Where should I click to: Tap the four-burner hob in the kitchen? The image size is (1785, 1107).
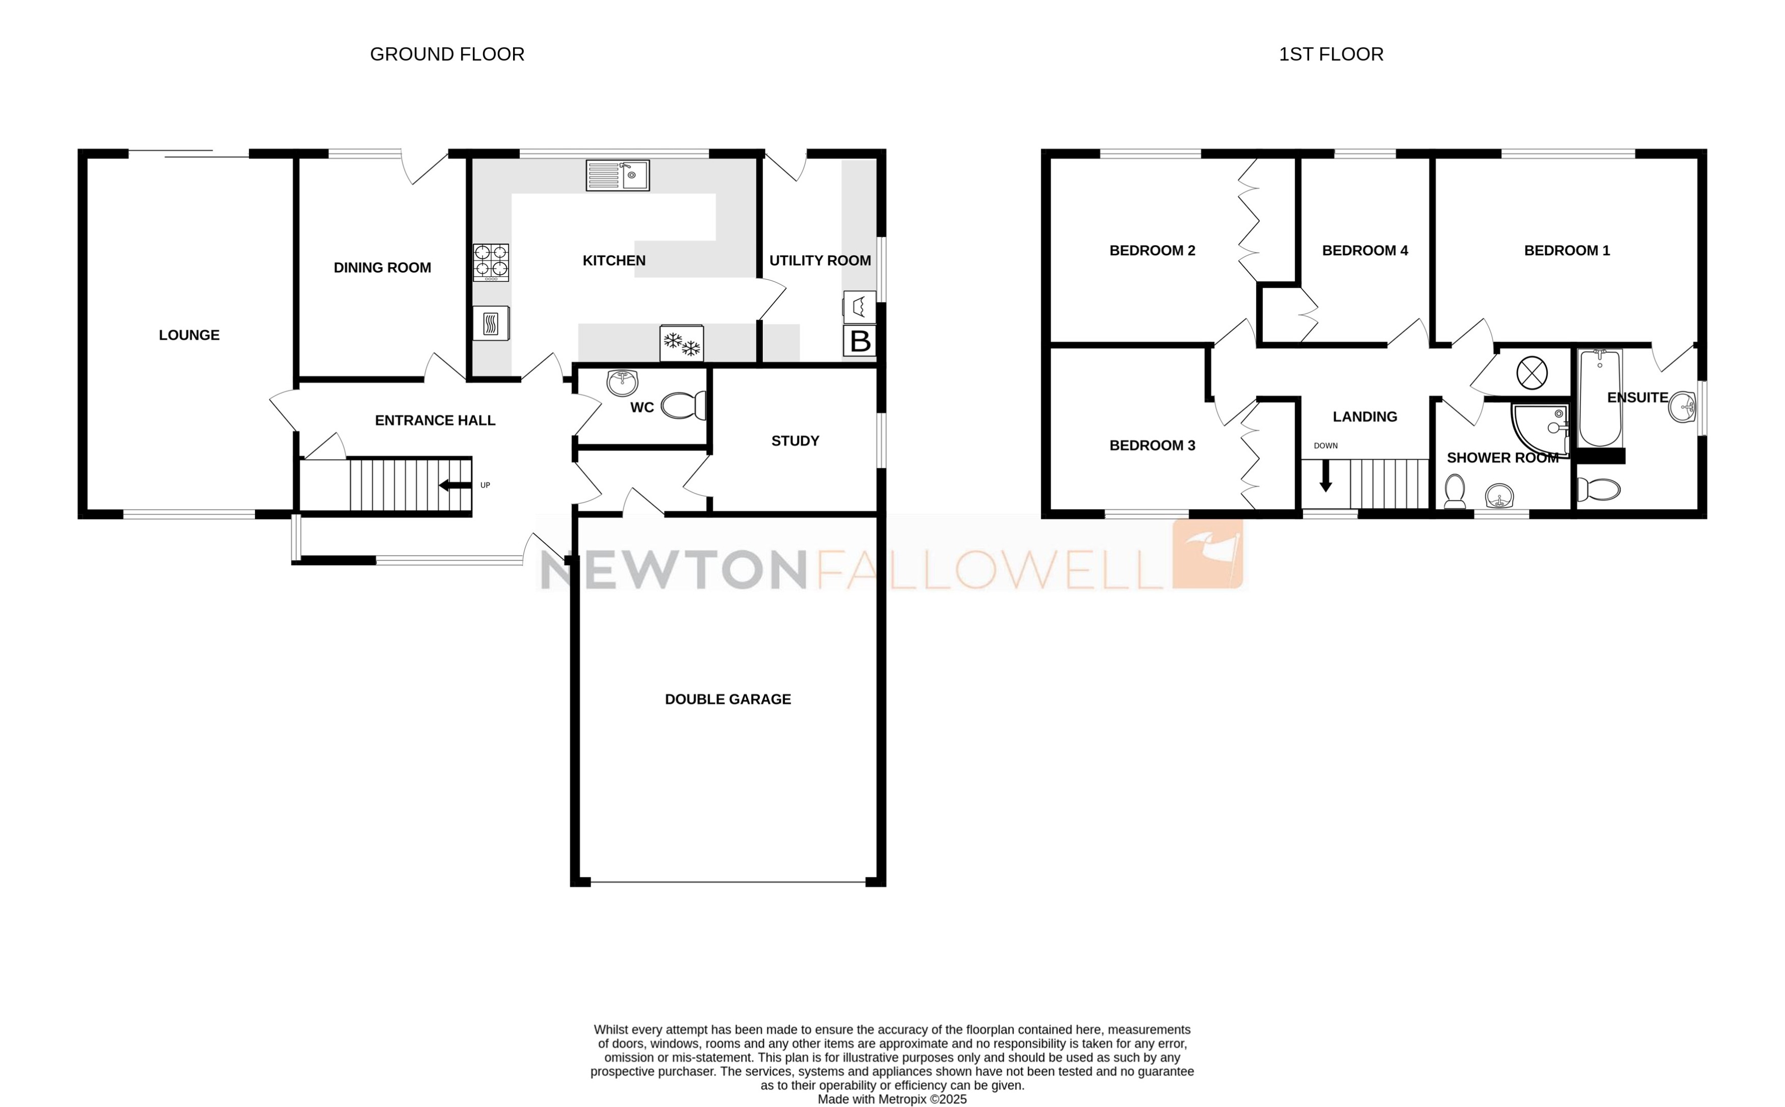pos(490,262)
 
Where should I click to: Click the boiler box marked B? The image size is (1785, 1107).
pos(859,341)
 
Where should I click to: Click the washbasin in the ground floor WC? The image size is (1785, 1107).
pos(622,381)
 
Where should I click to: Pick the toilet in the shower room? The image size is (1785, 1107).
pos(1454,490)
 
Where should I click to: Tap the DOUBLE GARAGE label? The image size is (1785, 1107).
pos(727,699)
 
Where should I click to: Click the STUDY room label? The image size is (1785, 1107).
pos(795,441)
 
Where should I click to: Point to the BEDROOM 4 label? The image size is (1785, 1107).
pos(1365,250)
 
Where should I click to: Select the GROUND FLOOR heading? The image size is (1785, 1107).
pos(447,54)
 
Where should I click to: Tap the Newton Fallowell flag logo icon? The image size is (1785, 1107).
pos(1207,554)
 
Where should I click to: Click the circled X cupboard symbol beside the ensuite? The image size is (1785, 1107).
pos(1531,374)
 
